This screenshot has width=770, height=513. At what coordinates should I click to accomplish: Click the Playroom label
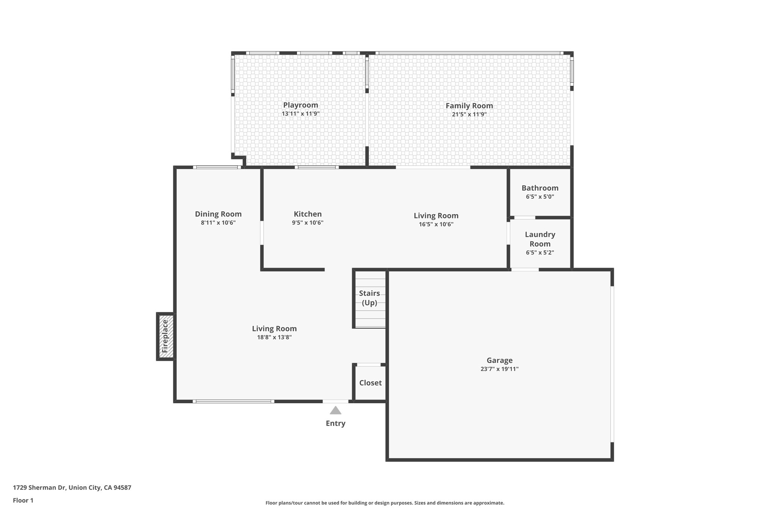(300, 105)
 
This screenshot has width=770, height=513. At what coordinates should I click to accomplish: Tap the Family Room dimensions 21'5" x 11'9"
(469, 114)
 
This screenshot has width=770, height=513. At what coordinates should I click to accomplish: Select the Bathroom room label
(540, 188)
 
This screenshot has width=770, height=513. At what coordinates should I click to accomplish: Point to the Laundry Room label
(540, 239)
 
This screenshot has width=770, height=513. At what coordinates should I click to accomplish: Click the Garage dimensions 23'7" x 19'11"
(499, 369)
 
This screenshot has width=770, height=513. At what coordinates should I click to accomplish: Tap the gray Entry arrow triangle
(335, 410)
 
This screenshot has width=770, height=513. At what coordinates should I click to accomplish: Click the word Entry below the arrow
(335, 424)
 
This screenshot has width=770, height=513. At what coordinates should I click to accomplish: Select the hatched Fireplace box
(166, 336)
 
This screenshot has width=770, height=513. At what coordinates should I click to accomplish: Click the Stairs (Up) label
(369, 298)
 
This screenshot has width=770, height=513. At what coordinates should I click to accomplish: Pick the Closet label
(370, 383)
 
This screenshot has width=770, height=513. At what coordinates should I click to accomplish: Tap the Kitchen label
(308, 214)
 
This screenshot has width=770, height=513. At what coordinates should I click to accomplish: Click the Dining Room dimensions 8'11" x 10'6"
(218, 223)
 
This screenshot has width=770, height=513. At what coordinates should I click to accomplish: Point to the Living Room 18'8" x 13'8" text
(274, 337)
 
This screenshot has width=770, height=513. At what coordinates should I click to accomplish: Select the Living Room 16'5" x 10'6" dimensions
(436, 224)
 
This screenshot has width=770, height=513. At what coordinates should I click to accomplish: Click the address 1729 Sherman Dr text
(72, 488)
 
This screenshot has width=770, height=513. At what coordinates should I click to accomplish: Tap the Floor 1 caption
(23, 500)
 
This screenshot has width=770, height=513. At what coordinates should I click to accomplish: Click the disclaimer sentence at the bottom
(385, 503)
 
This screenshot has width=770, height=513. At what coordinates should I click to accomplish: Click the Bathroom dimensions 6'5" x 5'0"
(540, 197)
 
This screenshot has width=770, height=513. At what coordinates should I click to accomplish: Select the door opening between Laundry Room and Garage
(525, 269)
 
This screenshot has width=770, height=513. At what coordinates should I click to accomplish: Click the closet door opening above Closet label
(368, 365)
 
